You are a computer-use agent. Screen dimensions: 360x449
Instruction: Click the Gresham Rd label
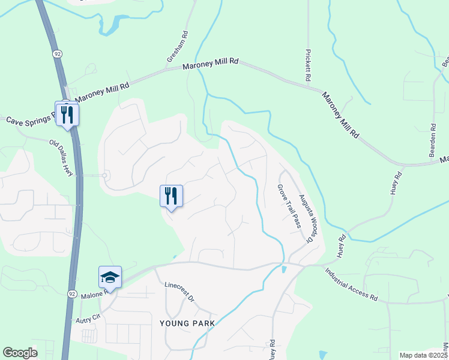[178, 49]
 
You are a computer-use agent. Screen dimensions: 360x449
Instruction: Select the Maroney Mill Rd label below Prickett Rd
[340, 115]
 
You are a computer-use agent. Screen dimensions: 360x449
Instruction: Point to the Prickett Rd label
[308, 65]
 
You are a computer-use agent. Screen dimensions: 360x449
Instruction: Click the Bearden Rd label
[432, 140]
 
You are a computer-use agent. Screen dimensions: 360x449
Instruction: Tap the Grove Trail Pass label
[288, 206]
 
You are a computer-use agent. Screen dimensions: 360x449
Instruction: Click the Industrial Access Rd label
[352, 284]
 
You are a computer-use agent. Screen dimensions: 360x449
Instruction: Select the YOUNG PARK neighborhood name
[187, 323]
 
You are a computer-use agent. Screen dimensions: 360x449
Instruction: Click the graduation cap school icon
[110, 277]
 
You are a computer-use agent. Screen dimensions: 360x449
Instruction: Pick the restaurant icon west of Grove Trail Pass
[171, 196]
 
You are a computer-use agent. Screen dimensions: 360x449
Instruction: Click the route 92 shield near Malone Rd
[72, 294]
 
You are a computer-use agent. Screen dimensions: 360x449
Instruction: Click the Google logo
[20, 353]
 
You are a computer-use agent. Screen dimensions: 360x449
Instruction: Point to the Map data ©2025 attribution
[423, 355]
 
